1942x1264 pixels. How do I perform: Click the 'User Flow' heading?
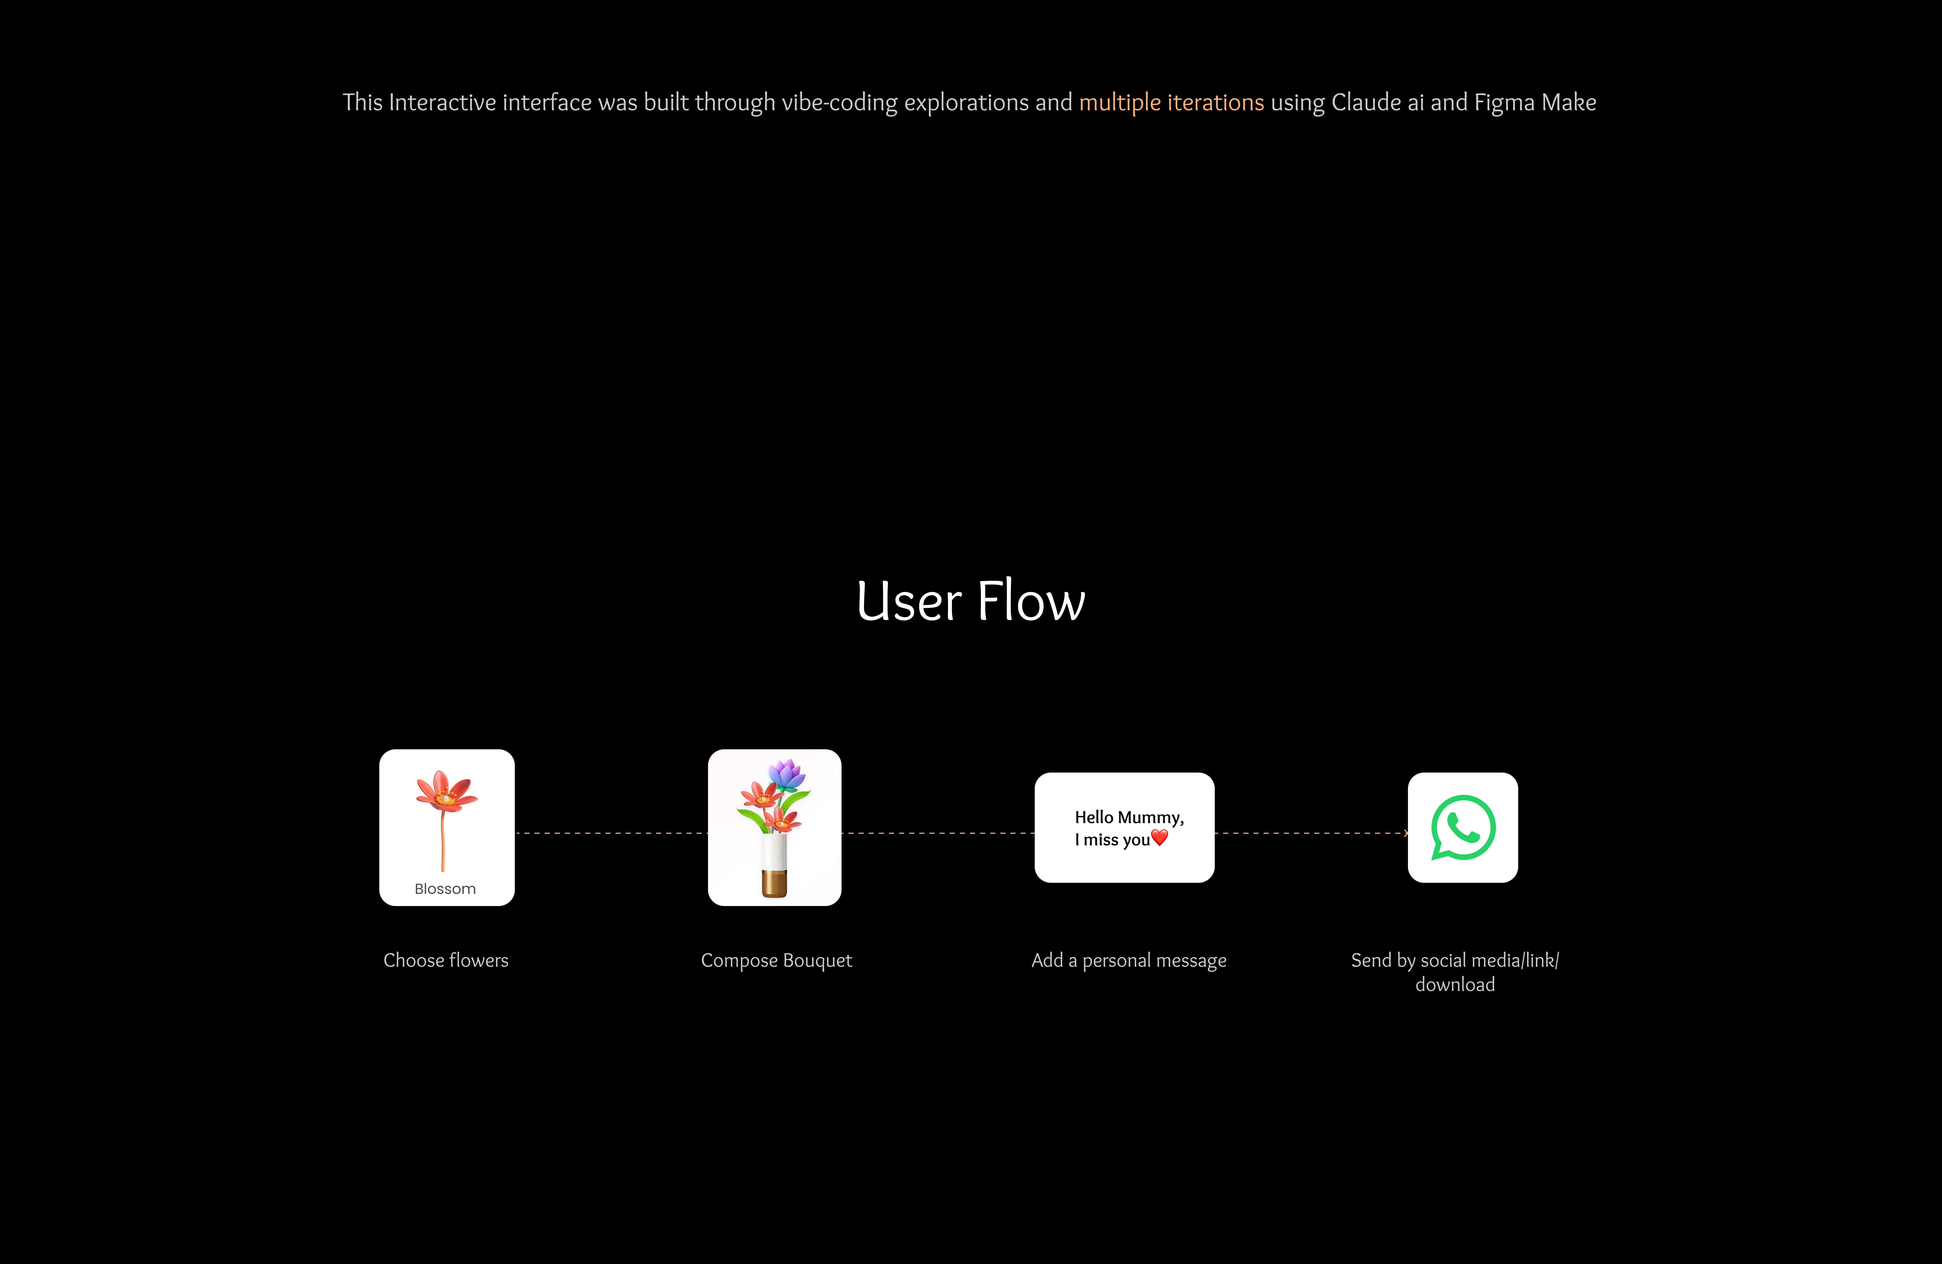pyautogui.click(x=970, y=601)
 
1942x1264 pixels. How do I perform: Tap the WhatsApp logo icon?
pyautogui.click(x=1462, y=827)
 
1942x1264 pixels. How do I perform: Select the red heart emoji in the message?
pyautogui.click(x=1159, y=837)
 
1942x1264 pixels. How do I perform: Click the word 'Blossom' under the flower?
pyautogui.click(x=445, y=889)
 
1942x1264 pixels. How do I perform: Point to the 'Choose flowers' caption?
pyautogui.click(x=446, y=960)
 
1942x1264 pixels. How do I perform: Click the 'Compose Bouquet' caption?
pyautogui.click(x=776, y=960)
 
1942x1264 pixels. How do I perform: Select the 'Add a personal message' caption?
pyautogui.click(x=1129, y=960)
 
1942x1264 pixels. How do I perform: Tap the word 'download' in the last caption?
pyautogui.click(x=1455, y=985)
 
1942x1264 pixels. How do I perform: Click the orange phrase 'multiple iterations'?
pyautogui.click(x=1171, y=103)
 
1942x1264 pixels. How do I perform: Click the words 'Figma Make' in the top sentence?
pyautogui.click(x=1535, y=103)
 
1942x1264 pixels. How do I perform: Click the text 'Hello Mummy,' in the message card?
pyautogui.click(x=1129, y=817)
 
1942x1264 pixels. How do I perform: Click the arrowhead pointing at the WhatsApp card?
pyautogui.click(x=1405, y=833)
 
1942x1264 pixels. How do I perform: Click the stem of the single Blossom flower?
pyautogui.click(x=443, y=841)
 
